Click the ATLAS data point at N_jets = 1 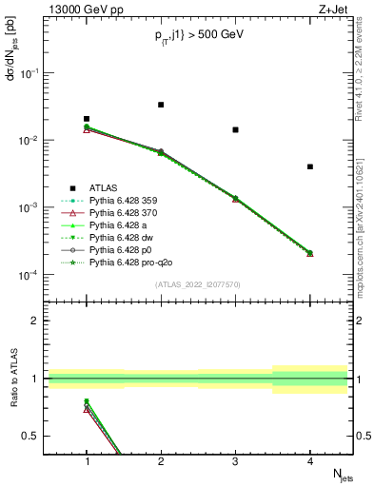click(87, 119)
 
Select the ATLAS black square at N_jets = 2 click(161, 105)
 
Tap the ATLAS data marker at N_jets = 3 click(235, 129)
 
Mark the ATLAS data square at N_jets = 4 click(310, 166)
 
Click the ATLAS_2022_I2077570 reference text click(198, 283)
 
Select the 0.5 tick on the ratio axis click(31, 436)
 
